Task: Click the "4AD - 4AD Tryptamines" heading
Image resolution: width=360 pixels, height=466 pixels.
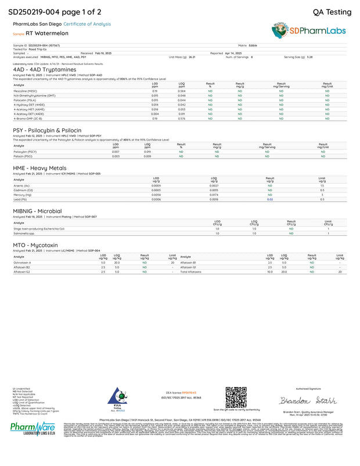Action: point(40,69)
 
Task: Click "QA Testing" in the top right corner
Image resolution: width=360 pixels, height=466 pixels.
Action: point(332,12)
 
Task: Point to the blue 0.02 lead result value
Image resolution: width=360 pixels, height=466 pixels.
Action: point(269,199)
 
